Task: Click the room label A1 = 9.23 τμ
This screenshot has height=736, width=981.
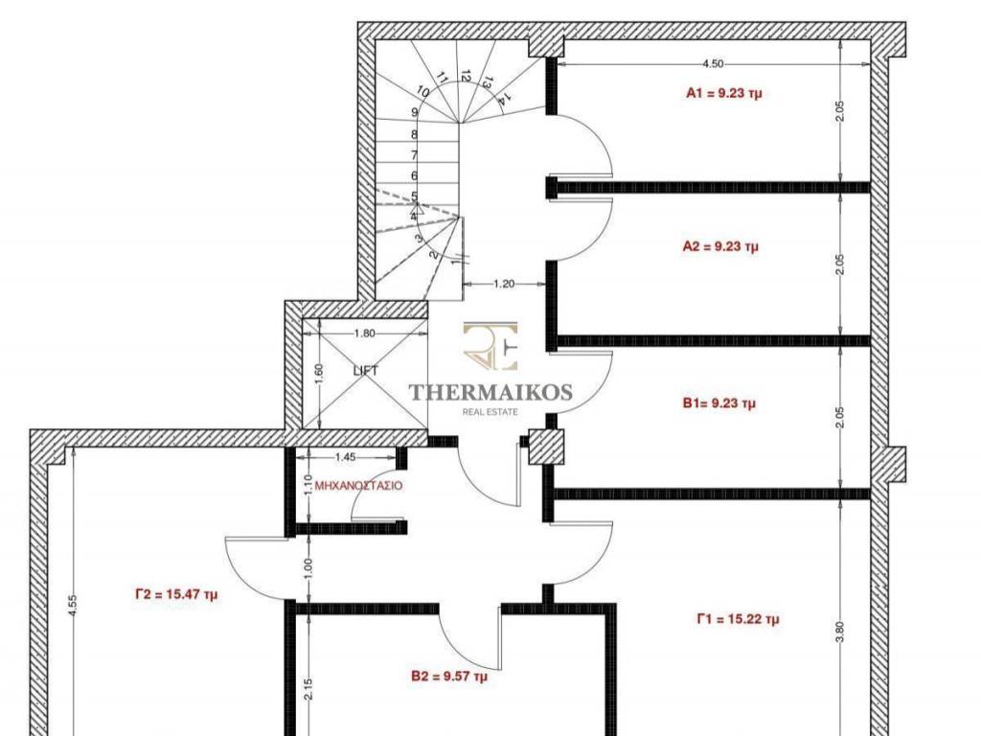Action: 724,93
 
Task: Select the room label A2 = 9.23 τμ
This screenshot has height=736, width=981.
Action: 720,246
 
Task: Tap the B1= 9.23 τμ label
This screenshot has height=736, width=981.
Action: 719,403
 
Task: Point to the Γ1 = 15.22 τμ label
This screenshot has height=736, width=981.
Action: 738,620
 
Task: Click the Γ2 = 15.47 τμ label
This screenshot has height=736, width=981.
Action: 176,594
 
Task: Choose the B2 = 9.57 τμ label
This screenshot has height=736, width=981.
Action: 449,677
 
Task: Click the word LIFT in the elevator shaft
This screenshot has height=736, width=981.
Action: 366,371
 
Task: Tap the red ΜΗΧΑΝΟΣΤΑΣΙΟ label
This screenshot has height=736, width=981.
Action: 359,486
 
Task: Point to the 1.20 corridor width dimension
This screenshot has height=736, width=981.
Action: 504,284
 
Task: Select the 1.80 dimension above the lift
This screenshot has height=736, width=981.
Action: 365,333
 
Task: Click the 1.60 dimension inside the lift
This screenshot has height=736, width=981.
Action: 319,374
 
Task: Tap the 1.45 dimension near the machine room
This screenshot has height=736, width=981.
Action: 345,457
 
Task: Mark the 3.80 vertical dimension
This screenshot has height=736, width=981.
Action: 840,631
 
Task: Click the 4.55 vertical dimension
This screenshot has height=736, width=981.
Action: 72,606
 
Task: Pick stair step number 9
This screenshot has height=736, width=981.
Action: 415,113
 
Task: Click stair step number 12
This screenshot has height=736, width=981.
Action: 465,76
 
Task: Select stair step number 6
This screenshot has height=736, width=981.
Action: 414,176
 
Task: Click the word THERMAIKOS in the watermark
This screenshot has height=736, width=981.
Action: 490,392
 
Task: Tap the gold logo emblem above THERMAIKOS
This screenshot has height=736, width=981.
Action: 490,347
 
